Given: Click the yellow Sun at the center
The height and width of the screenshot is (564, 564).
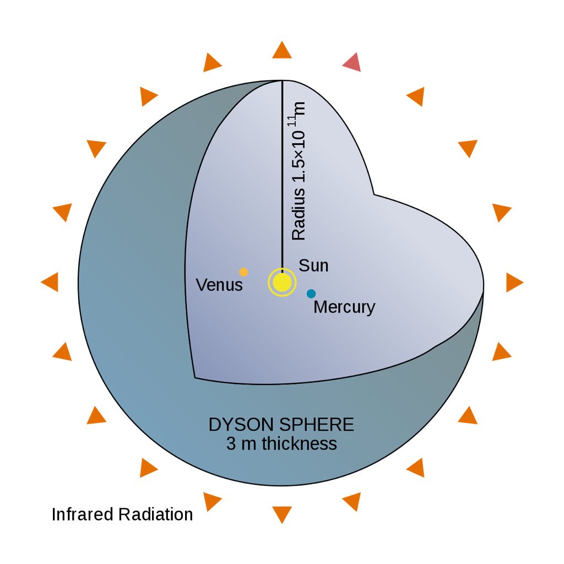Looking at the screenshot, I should pos(282,282).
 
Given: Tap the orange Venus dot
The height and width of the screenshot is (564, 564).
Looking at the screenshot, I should pos(243,272).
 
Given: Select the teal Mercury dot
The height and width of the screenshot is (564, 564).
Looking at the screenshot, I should pos(311,294).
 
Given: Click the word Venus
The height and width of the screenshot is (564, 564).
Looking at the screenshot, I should pos(219,285).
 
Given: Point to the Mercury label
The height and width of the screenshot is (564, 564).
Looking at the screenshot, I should pos(344,307).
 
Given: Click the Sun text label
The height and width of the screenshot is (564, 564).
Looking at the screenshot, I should pos(313,265).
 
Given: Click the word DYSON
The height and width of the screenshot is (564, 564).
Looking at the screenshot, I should pos(243,425).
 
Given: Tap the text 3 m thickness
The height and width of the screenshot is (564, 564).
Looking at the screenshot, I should pos(281,444).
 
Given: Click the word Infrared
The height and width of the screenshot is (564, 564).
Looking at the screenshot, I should pos(83,514).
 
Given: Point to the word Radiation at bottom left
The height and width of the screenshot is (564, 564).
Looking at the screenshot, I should pos(156,514).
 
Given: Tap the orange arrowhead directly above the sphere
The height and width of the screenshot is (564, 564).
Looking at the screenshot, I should pos(282,50).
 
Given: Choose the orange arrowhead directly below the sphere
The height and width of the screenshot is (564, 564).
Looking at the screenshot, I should pos(282,513).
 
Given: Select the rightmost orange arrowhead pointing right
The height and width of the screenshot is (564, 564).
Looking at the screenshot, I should pos(514,282).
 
